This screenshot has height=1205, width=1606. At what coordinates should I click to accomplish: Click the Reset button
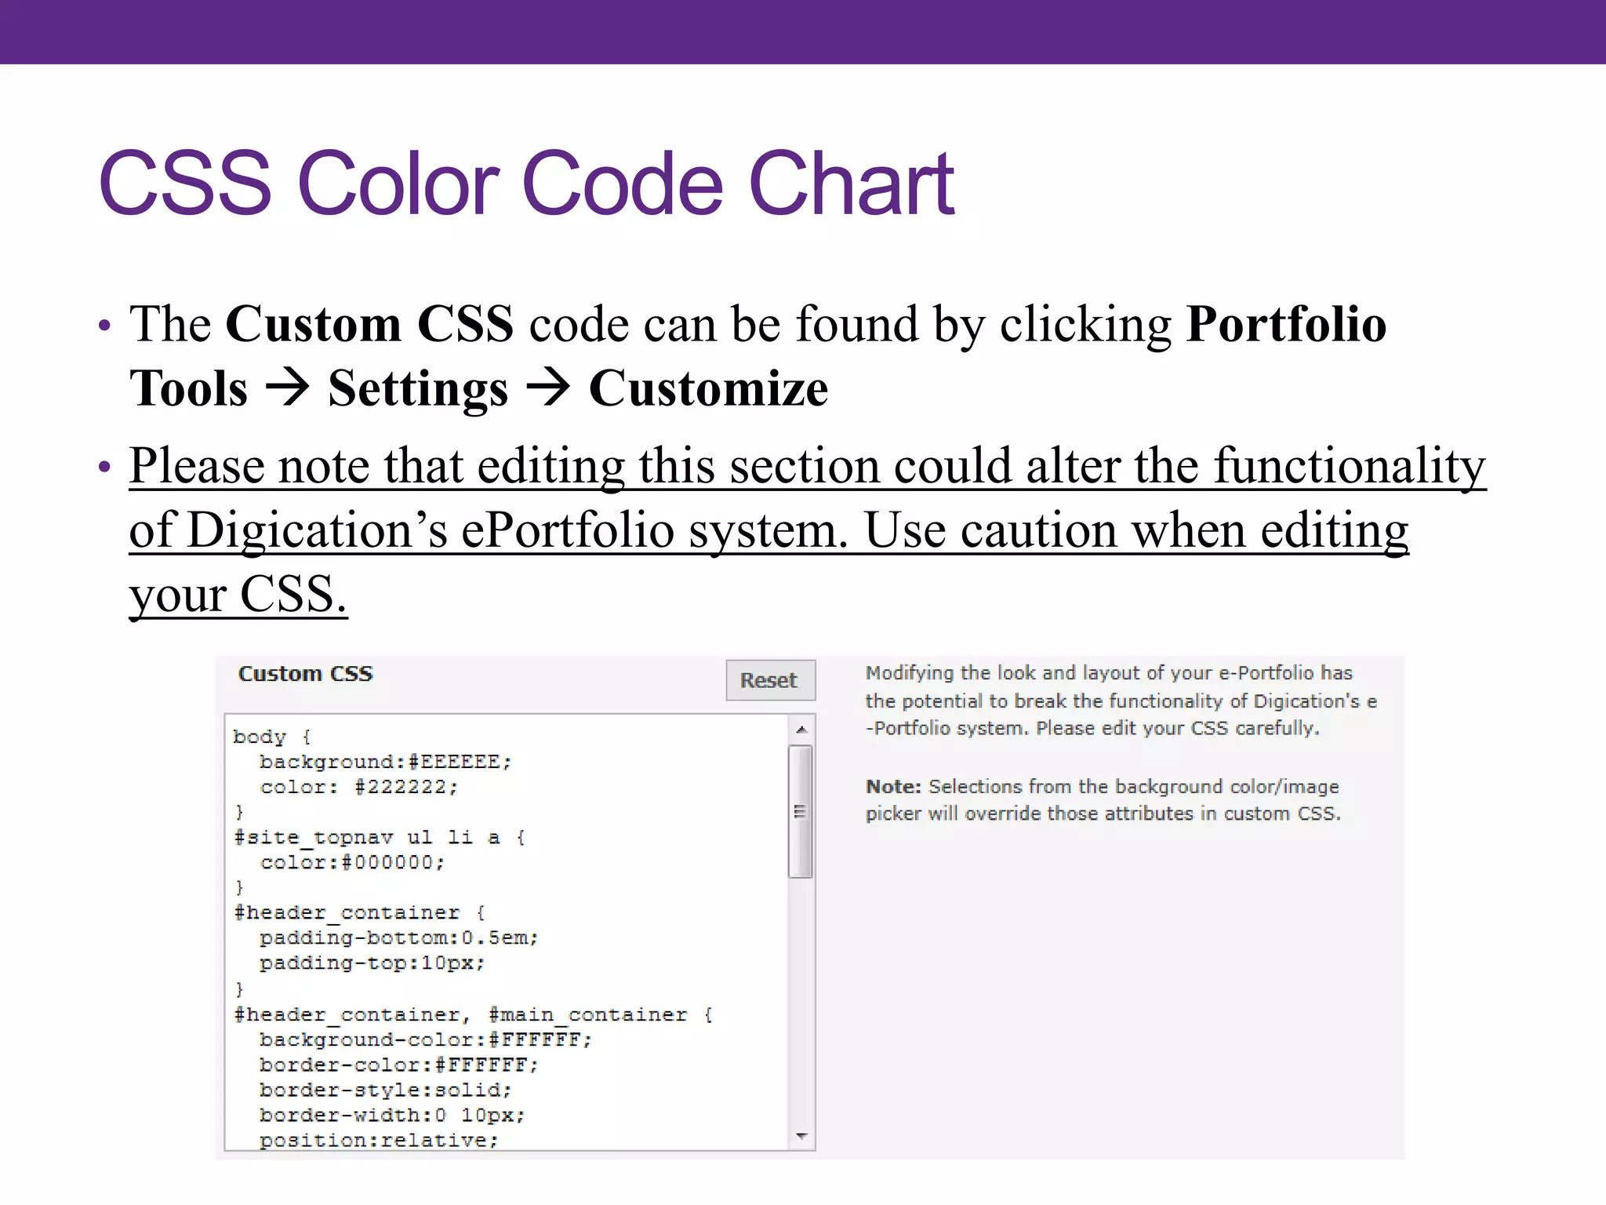pyautogui.click(x=769, y=680)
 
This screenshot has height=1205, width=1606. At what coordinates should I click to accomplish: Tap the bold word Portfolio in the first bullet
pyautogui.click(x=1286, y=324)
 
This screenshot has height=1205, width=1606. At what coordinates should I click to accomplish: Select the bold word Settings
pyautogui.click(x=418, y=389)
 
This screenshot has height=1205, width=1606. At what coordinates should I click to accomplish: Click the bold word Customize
pyautogui.click(x=708, y=389)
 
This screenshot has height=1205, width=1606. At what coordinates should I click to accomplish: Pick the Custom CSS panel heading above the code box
pyautogui.click(x=306, y=674)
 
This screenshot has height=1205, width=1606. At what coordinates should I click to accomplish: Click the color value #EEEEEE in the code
pyautogui.click(x=460, y=762)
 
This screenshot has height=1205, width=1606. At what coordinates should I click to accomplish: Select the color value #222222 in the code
pyautogui.click(x=405, y=787)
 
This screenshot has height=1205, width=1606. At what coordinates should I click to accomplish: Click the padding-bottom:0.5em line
pyautogui.click(x=398, y=937)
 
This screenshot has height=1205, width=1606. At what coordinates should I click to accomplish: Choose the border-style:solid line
pyautogui.click(x=385, y=1090)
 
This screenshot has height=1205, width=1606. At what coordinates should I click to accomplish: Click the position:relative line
pyautogui.click(x=379, y=1140)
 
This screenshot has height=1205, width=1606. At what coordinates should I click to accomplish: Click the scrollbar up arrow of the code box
pyautogui.click(x=801, y=730)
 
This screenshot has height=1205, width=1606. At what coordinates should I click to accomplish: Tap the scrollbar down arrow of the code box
pyautogui.click(x=801, y=1136)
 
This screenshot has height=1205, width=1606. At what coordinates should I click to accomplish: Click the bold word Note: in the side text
pyautogui.click(x=893, y=787)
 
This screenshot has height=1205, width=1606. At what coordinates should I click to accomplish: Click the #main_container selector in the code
pyautogui.click(x=587, y=1014)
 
